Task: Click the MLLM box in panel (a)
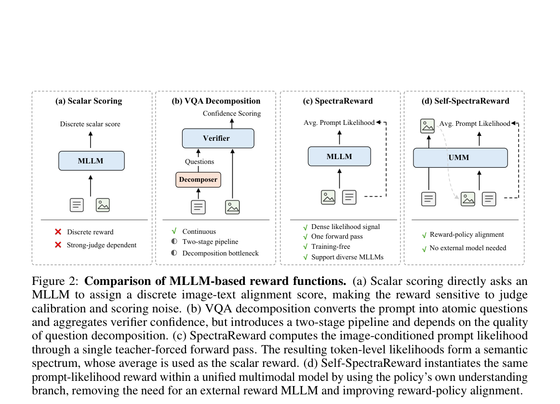click(92, 161)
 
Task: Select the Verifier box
click(218, 138)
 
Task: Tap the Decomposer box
click(198, 180)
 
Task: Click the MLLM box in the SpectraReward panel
click(339, 157)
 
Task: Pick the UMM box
click(460, 158)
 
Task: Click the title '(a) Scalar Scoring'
click(89, 101)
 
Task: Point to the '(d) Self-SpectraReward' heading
click(466, 101)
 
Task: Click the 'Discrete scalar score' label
click(90, 124)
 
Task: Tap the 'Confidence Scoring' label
click(232, 113)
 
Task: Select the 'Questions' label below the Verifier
click(200, 162)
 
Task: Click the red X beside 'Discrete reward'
click(58, 232)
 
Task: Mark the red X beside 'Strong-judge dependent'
click(58, 245)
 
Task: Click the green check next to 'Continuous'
click(174, 231)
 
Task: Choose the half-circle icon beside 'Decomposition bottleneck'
click(174, 253)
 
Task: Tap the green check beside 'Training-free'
click(306, 246)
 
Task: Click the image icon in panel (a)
click(103, 205)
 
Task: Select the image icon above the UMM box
click(427, 126)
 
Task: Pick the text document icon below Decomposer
click(198, 207)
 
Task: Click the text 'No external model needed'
click(468, 248)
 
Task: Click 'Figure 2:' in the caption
click(55, 281)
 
